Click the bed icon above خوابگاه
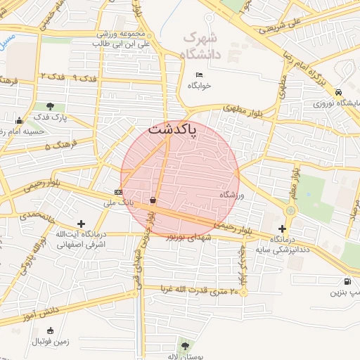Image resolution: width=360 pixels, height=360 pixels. click(199, 75)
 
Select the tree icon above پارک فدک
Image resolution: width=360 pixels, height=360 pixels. click(51, 107)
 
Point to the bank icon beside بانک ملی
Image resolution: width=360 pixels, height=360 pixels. click(117, 192)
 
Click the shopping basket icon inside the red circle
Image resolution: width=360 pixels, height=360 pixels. click(153, 200)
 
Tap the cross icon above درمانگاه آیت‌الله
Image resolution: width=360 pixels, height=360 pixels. click(82, 223)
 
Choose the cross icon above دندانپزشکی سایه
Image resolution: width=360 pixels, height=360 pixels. click(283, 229)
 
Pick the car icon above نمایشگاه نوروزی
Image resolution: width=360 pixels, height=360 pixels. click(340, 93)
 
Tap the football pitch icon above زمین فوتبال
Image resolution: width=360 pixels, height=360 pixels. click(49, 331)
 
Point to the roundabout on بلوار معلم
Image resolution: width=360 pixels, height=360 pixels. click(290, 210)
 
